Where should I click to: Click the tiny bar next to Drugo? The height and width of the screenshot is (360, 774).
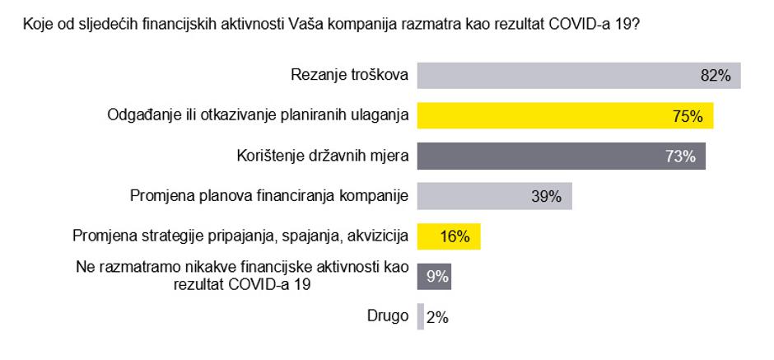click(421, 317)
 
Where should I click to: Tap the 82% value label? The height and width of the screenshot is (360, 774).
click(715, 75)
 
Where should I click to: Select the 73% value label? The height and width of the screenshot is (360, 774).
click(680, 156)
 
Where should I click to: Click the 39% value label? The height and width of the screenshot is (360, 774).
click(545, 196)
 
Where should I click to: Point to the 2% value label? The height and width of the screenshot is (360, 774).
click(438, 317)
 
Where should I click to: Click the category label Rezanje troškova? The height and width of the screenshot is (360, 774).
click(350, 75)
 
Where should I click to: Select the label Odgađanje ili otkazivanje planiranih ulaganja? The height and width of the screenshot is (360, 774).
click(259, 115)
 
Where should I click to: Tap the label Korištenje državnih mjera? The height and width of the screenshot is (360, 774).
click(318, 156)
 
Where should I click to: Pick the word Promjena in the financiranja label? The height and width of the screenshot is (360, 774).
click(161, 196)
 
